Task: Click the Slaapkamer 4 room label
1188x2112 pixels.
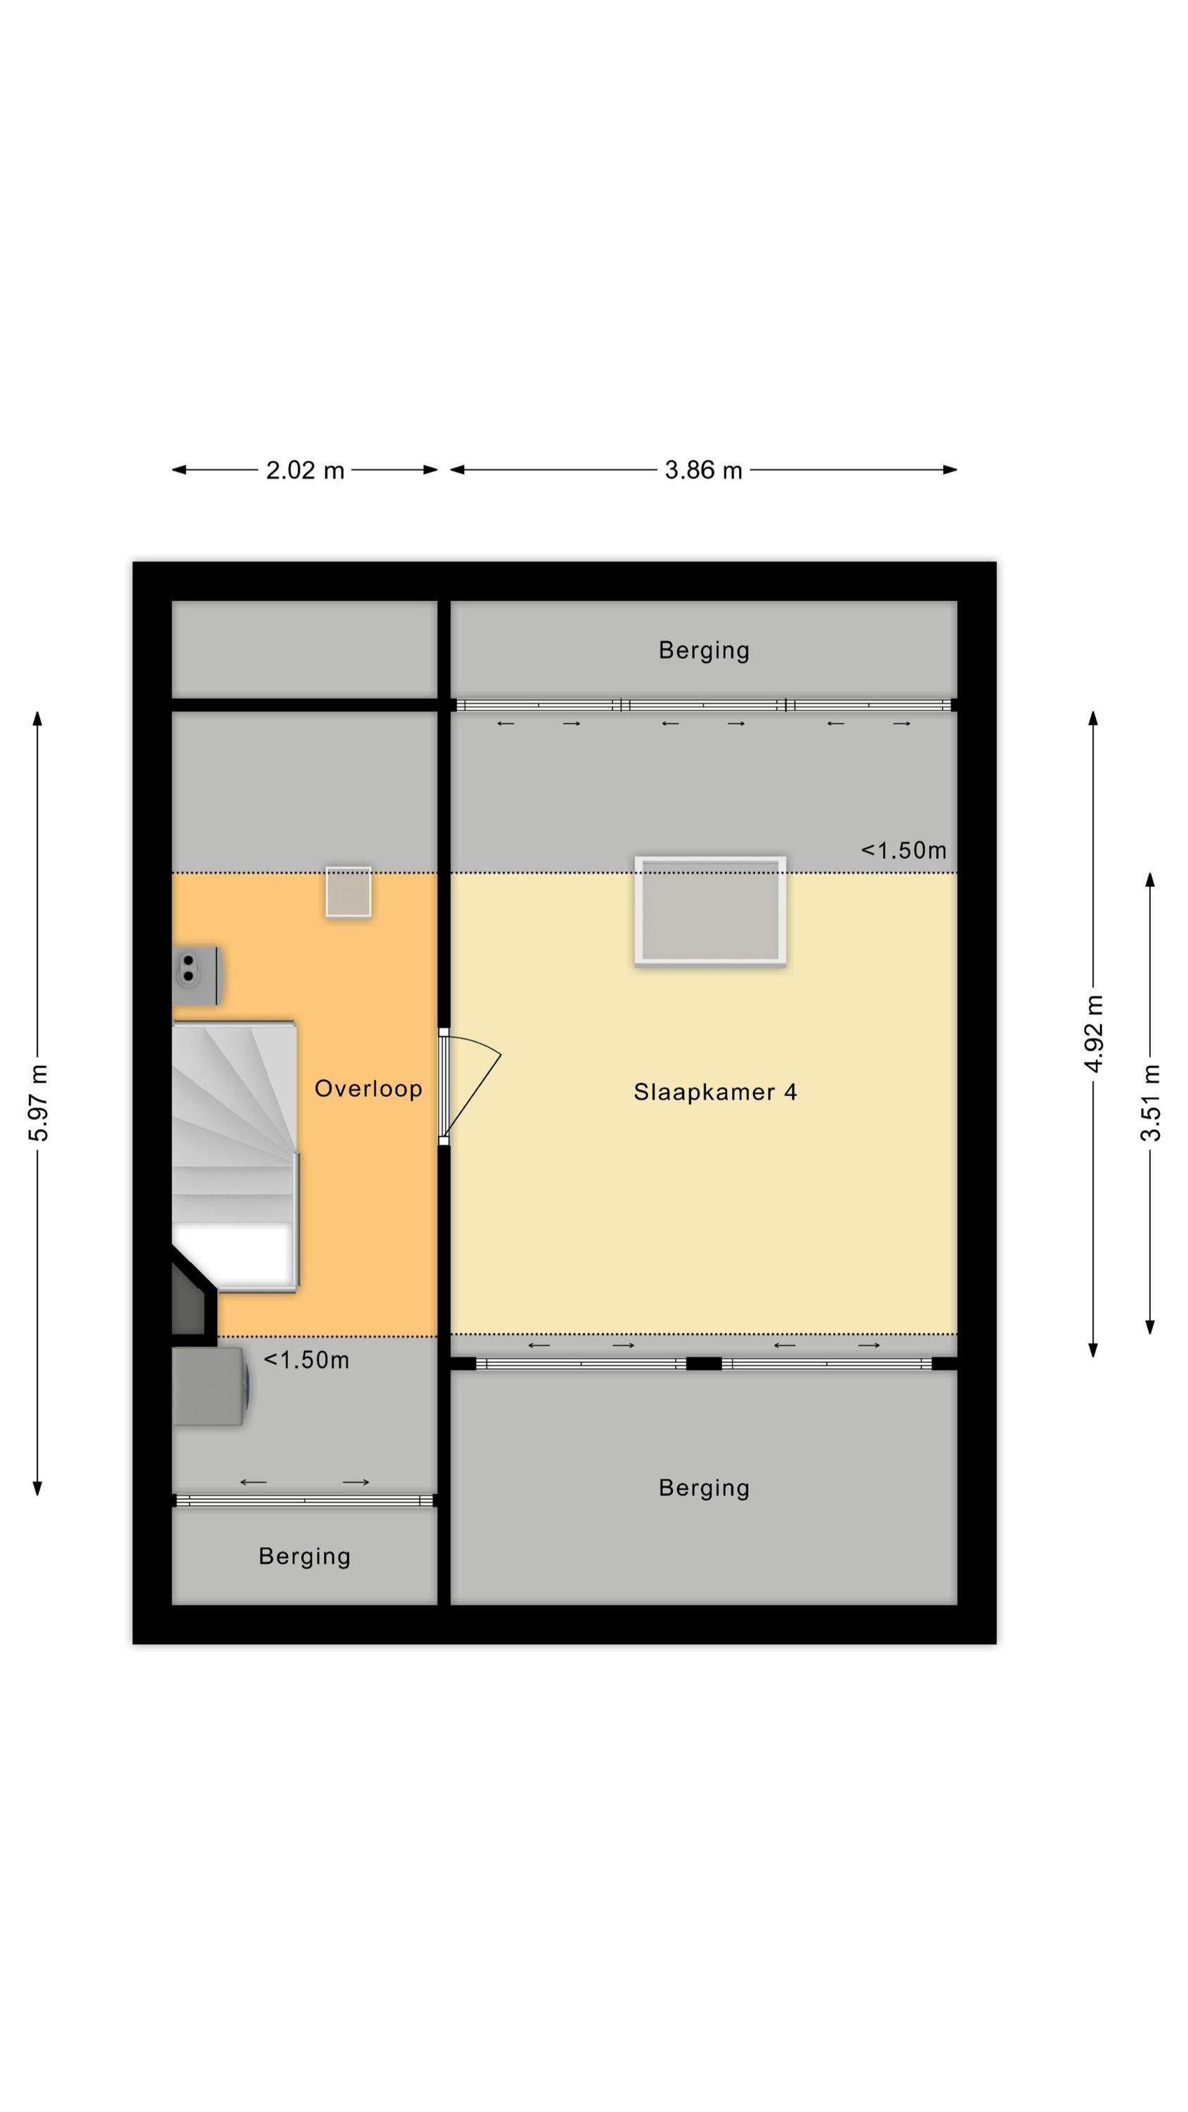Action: (x=714, y=1092)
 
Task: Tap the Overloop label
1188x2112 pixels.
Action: (x=368, y=1089)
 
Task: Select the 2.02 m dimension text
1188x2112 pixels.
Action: (x=305, y=470)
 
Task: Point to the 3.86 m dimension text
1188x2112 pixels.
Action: (x=704, y=470)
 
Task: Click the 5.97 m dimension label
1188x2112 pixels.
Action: (x=39, y=1102)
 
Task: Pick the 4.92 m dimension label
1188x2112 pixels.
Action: (x=1094, y=1033)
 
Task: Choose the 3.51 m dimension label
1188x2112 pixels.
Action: (x=1151, y=1102)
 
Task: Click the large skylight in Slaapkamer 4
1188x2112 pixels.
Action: (x=710, y=910)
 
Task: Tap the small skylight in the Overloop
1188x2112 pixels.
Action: (x=348, y=891)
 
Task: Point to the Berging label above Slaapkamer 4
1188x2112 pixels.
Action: (x=704, y=650)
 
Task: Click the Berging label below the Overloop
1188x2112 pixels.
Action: (x=304, y=1556)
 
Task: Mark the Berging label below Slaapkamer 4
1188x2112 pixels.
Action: (x=704, y=1488)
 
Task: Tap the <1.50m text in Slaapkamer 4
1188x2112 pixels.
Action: (x=904, y=850)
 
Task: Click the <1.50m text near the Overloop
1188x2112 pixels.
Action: (x=306, y=1360)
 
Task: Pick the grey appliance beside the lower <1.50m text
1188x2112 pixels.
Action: (x=209, y=1386)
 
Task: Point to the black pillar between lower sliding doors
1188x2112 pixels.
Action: (x=704, y=1364)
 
